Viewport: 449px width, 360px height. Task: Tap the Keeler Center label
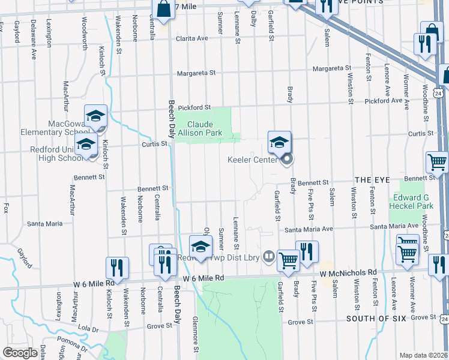coord(252,160)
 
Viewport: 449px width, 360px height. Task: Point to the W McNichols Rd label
coord(348,273)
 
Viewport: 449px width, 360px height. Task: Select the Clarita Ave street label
coord(191,38)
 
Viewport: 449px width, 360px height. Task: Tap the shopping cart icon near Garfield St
coord(288,260)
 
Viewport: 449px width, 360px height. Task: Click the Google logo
coord(20,353)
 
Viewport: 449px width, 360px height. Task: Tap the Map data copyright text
coord(424,355)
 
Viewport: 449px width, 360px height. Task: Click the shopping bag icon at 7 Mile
coord(163,10)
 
